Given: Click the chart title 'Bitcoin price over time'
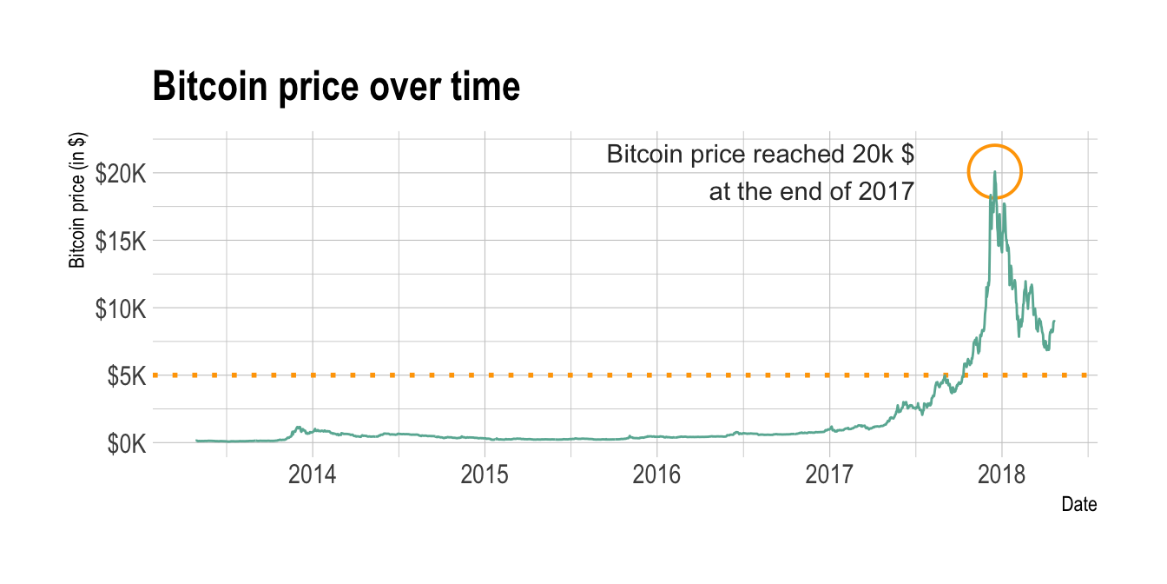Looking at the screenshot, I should point(336,87).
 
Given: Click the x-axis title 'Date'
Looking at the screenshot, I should point(1079,504).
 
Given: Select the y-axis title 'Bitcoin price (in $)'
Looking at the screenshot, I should point(78,201).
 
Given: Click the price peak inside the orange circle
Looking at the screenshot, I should point(994,172).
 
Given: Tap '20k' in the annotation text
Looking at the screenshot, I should point(868,155).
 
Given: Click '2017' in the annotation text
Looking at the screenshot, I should point(886,191).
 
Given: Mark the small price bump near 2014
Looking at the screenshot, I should point(299,428).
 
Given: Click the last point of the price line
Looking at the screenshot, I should point(1054,322).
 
